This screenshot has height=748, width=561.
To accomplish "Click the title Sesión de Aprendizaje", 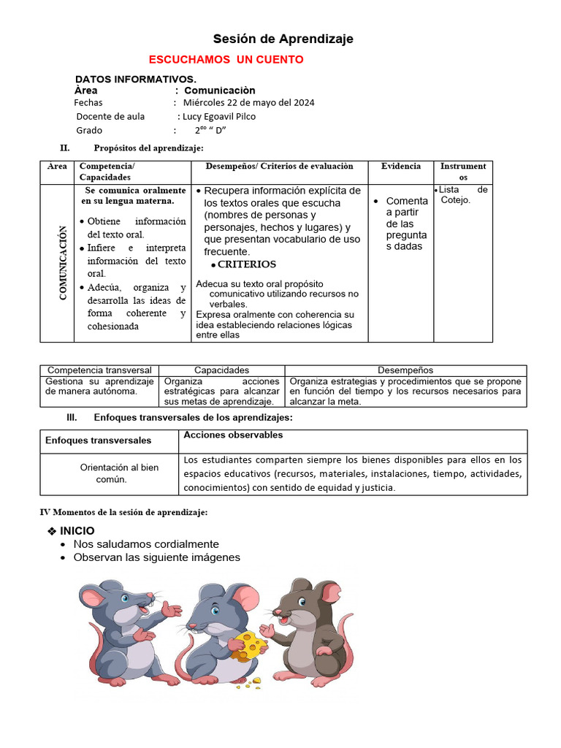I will pyautogui.click(x=283, y=39).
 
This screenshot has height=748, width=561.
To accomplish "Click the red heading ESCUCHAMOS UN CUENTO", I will pyautogui.click(x=226, y=60).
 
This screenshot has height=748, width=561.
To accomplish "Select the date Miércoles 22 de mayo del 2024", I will pyautogui.click(x=248, y=103).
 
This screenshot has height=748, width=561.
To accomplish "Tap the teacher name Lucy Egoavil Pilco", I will pyautogui.click(x=218, y=116).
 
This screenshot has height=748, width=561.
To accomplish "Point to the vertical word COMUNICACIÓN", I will pyautogui.click(x=63, y=262).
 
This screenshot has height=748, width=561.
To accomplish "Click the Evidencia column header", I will pyautogui.click(x=400, y=167).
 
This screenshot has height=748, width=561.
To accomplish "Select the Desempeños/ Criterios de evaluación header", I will pyautogui.click(x=279, y=167).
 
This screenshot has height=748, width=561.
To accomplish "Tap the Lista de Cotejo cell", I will pyautogui.click(x=462, y=195).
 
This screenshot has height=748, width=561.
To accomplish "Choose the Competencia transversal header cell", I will pyautogui.click(x=99, y=370).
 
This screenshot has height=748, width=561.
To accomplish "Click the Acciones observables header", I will pyautogui.click(x=223, y=435).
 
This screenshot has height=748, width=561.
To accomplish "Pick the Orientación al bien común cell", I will pyautogui.click(x=118, y=473).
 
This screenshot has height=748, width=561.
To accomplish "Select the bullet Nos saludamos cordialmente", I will pyautogui.click(x=146, y=544).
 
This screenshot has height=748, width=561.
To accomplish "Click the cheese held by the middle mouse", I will pyautogui.click(x=249, y=644).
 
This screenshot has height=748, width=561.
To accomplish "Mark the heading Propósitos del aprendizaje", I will pyautogui.click(x=148, y=148).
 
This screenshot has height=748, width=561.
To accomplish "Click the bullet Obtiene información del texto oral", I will pyautogui.click(x=136, y=228).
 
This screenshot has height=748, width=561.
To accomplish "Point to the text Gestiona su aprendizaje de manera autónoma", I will pyautogui.click(x=99, y=386).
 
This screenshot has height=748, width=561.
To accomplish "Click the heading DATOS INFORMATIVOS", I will pyautogui.click(x=135, y=79).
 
